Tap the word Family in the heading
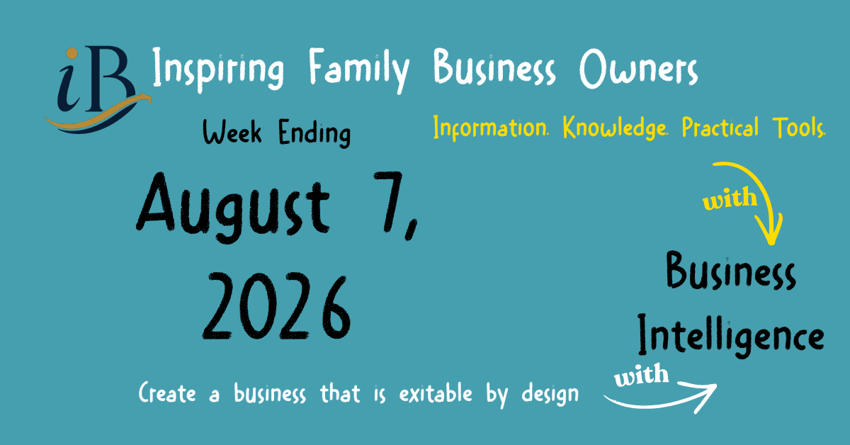pos(359,71)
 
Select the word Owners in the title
pos(639,68)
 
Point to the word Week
pos(232,132)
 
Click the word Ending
pos(314,133)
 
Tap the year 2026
pos(277,306)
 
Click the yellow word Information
pos(491,128)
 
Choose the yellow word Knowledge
pos(615,128)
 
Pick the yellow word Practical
pos(720,127)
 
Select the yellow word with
pos(730,198)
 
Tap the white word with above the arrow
pos(641,375)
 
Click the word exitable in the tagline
pos(436,393)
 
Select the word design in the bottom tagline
pos(550,395)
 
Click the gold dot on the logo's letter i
pos(72,54)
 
